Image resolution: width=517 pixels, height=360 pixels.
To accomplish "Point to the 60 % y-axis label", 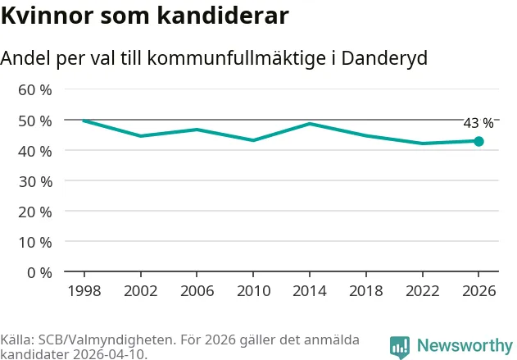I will pos(34,89).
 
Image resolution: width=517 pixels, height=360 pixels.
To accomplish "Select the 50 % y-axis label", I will pos(34,120).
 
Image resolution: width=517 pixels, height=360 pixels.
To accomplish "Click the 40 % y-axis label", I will pos(34,150).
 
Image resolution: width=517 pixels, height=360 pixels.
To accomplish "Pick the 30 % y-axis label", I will pos(34,180).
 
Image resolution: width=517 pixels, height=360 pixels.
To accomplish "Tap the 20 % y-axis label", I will pos(34,211).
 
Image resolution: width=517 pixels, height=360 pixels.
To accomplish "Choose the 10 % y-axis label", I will pos(34,241).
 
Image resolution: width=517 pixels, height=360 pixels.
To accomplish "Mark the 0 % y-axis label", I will pos(39,271).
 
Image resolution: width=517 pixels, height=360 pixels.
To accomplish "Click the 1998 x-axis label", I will pos(84,290).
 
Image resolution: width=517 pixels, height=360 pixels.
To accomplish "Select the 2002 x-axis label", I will pos(140,290).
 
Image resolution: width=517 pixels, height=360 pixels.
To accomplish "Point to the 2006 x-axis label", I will pos(197,290).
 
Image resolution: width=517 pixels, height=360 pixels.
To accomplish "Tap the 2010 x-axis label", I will pos(253,290).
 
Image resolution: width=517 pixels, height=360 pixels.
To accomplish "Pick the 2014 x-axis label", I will pos(310,290).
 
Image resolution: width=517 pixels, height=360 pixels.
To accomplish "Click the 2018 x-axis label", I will pos(366,290).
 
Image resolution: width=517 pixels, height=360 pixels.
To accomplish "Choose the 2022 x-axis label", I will pos(423,290).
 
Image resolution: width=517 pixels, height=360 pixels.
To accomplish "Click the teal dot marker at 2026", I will pos(479,141).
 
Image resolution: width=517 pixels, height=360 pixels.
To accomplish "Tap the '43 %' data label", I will pos(478,123).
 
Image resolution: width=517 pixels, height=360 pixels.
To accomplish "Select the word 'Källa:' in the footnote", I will pos(17,339).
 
